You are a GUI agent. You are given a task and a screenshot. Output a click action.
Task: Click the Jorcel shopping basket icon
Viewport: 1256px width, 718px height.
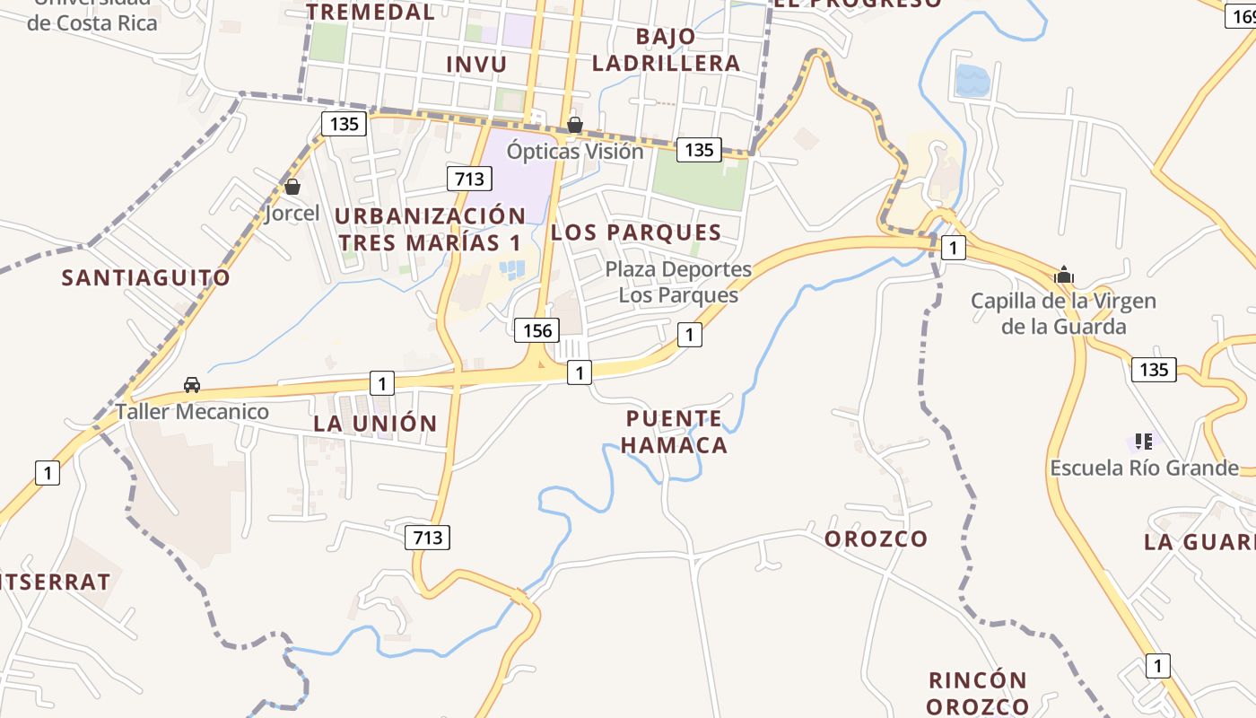[x=292, y=187]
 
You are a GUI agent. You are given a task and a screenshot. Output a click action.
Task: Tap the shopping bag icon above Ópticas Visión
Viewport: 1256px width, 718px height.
[x=574, y=124]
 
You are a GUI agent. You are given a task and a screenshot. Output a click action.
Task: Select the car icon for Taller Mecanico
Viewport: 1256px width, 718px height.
[x=191, y=385]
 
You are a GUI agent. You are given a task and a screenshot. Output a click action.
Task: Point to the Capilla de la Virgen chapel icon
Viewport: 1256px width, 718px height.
[x=1064, y=275]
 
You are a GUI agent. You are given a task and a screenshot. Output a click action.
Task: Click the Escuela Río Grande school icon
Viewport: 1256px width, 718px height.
[x=1143, y=441]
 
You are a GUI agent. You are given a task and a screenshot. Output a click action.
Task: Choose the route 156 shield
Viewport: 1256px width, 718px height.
[x=536, y=330]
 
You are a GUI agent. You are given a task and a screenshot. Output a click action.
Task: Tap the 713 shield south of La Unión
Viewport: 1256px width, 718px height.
[x=427, y=538]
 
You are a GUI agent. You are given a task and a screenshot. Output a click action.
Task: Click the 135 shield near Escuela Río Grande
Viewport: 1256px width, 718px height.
[x=1153, y=369]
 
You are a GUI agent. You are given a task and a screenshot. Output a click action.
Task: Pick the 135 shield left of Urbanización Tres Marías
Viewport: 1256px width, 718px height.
[x=344, y=123]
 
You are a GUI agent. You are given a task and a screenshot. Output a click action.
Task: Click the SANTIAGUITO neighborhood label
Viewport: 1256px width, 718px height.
[x=145, y=278]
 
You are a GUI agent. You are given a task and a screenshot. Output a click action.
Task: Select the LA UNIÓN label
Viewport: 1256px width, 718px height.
[x=375, y=424]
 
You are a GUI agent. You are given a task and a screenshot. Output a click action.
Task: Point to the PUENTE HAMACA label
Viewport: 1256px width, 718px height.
[x=674, y=432]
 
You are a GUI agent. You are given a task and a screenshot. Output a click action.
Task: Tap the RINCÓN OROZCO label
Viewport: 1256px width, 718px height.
[x=977, y=693]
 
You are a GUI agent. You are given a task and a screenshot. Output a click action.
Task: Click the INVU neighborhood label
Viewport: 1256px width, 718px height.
[x=476, y=65]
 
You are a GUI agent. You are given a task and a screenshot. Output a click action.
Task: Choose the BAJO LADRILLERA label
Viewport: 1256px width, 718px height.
[x=666, y=50]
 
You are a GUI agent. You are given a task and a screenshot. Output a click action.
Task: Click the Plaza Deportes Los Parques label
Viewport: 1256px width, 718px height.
[x=678, y=282]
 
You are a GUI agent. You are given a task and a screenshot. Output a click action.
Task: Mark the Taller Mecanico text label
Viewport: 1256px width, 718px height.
[x=192, y=412]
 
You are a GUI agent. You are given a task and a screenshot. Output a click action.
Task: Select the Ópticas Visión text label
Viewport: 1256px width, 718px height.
[x=575, y=152]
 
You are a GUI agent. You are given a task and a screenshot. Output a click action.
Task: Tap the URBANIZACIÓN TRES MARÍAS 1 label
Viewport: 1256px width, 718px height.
[x=431, y=229]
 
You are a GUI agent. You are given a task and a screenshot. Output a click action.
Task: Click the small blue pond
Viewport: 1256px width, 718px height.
[x=972, y=81]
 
